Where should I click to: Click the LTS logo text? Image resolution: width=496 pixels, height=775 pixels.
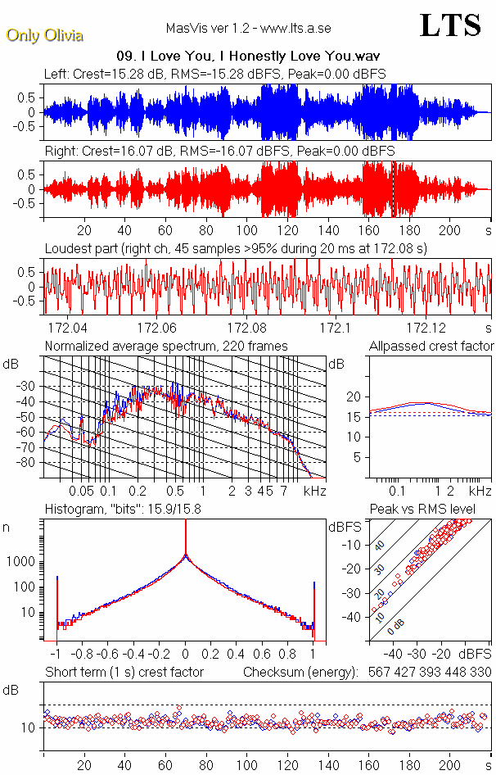(x=449, y=26)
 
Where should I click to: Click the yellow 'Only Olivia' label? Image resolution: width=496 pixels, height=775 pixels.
(x=45, y=35)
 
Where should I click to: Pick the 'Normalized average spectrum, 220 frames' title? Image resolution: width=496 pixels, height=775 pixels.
(x=166, y=346)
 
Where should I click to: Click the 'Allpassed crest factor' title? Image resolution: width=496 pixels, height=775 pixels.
(x=431, y=346)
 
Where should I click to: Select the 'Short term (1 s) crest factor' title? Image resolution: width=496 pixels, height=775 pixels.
(x=124, y=672)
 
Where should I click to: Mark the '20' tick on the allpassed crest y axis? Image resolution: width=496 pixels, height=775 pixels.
(x=353, y=397)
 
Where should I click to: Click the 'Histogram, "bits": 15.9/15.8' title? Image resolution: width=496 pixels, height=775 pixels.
(x=128, y=510)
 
